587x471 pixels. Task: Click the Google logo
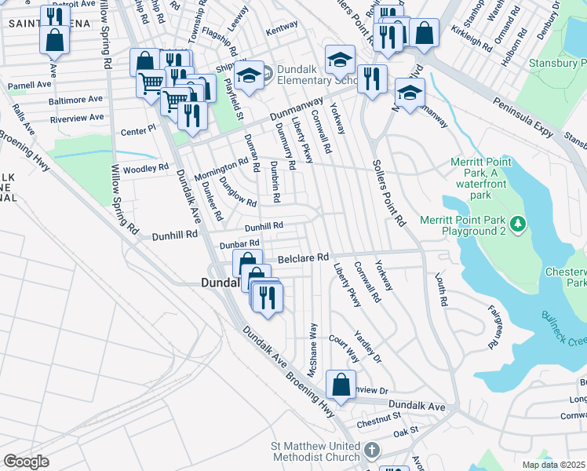click(x=26, y=461)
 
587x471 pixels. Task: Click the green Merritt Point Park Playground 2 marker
click(x=517, y=225)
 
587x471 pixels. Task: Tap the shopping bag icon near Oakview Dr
click(x=341, y=385)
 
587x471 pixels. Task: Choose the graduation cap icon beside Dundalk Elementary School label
click(x=249, y=75)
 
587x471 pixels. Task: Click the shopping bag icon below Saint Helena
click(x=55, y=39)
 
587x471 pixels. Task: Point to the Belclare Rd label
click(x=300, y=259)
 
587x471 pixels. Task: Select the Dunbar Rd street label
click(x=239, y=245)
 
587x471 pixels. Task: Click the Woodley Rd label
click(x=146, y=168)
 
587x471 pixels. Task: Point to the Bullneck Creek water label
click(x=562, y=327)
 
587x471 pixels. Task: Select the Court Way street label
click(x=345, y=349)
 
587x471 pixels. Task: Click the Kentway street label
click(x=283, y=26)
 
